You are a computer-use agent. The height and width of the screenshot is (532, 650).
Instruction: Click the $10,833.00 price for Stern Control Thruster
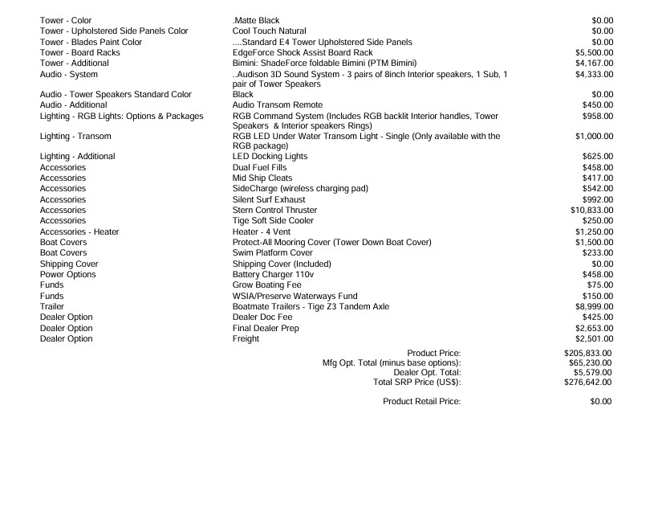pyautogui.click(x=591, y=210)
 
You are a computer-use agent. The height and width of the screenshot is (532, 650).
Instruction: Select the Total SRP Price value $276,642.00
pyautogui.click(x=588, y=383)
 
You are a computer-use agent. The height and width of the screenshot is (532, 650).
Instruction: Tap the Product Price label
pyautogui.click(x=434, y=353)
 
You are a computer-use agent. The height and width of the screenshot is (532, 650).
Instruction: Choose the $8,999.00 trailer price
pyautogui.click(x=595, y=306)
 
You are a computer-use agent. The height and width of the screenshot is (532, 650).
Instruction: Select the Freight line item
pyautogui.click(x=246, y=339)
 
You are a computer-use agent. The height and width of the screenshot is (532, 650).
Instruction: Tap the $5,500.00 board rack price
pyautogui.click(x=595, y=52)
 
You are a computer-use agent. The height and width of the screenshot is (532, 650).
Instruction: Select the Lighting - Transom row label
pyautogui.click(x=75, y=137)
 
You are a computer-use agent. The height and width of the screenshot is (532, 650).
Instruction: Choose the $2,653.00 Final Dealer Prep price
pyautogui.click(x=595, y=328)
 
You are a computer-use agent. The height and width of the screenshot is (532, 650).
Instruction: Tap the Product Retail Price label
pyautogui.click(x=422, y=401)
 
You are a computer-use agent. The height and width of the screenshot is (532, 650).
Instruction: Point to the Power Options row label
pyautogui.click(x=67, y=275)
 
